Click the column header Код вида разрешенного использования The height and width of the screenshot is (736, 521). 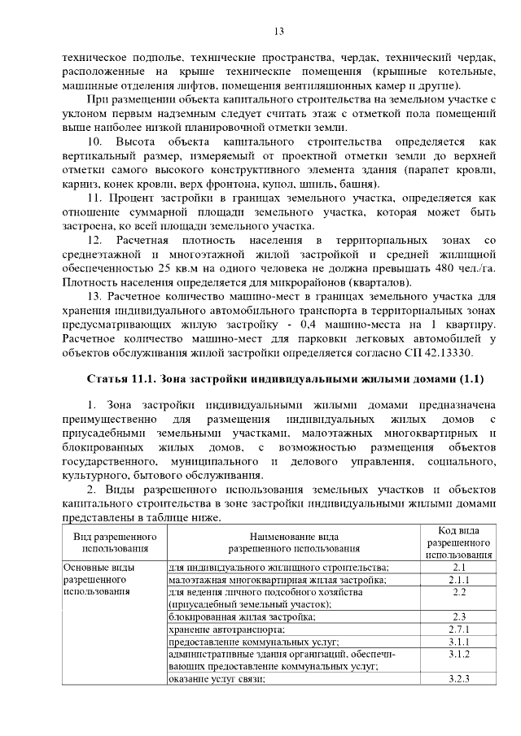[458, 542]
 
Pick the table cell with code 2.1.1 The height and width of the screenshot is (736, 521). [458, 580]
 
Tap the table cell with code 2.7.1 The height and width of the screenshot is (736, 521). [458, 629]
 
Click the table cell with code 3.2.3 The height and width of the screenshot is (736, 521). [458, 678]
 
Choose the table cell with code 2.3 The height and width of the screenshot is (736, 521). [458, 616]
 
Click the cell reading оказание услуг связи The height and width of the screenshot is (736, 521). [217, 678]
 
